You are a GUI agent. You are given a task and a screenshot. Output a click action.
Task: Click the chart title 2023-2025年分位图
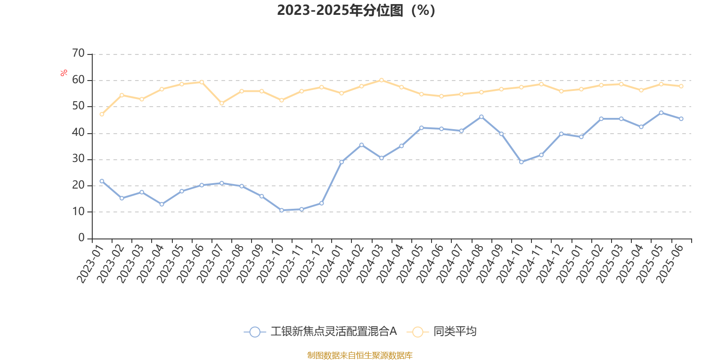click(356, 10)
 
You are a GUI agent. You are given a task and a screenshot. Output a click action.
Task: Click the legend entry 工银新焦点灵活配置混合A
click(333, 332)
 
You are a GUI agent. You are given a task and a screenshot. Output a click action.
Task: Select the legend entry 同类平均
click(454, 332)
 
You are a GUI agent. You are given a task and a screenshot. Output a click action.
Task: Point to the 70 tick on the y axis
click(78, 54)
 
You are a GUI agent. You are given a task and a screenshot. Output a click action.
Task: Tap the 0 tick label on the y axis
click(81, 238)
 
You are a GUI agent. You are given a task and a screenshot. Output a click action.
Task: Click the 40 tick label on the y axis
click(78, 133)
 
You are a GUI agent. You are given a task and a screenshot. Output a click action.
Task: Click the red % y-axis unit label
click(64, 72)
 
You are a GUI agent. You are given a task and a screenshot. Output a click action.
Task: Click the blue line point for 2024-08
click(481, 117)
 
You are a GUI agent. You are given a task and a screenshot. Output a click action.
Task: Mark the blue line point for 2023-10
click(282, 210)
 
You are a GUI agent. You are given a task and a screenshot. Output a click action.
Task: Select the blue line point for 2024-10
click(521, 162)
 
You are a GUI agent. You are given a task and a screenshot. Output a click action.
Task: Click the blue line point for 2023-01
click(102, 181)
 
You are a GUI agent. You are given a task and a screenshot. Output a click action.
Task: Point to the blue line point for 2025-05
click(661, 112)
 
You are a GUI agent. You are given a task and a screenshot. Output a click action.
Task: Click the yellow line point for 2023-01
click(102, 114)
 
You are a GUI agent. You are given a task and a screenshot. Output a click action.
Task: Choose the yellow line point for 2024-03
click(382, 80)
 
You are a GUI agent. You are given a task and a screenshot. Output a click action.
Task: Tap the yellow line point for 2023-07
click(221, 103)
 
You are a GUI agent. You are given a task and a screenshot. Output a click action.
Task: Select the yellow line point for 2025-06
click(681, 86)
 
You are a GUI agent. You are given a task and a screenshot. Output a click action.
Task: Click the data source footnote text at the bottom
click(360, 355)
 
